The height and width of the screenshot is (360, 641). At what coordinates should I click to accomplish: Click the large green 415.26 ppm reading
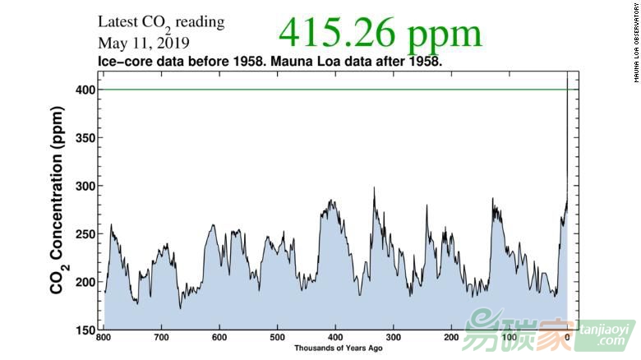[x=380, y=33]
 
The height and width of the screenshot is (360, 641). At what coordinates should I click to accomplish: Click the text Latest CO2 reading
[x=161, y=23]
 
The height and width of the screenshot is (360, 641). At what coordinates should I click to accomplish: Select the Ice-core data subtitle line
[x=270, y=62]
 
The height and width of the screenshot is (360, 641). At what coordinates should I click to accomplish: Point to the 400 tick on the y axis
[x=85, y=90]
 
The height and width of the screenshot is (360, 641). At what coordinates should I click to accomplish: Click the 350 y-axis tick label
[x=85, y=138]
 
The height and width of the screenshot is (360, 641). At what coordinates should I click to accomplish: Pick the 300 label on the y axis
[x=85, y=186]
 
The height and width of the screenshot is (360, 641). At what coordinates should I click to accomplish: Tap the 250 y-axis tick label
[x=85, y=234]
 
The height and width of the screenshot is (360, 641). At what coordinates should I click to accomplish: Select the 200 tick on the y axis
[x=85, y=282]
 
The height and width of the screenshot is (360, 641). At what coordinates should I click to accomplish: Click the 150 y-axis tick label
[x=85, y=330]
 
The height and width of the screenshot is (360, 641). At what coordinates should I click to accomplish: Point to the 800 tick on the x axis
[x=104, y=338]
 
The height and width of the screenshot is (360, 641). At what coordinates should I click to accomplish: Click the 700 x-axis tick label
[x=162, y=338]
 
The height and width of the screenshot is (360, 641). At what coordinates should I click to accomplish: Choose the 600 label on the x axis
[x=219, y=338]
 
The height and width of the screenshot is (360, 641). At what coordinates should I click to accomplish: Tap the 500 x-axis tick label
[x=278, y=338]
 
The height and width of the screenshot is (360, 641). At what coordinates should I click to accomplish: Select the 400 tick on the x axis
[x=335, y=338]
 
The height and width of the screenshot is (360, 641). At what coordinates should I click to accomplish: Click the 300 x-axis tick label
[x=394, y=338]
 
